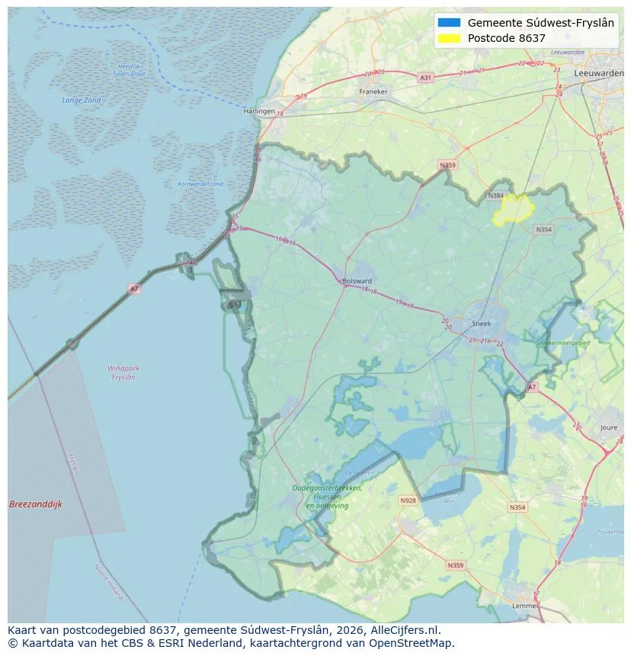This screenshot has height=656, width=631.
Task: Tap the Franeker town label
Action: point(373,91)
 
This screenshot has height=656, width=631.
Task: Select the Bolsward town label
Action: point(357,280)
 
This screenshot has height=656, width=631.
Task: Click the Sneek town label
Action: point(482,323)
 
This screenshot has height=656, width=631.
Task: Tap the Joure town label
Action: point(608,428)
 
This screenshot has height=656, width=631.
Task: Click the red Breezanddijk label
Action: point(36,504)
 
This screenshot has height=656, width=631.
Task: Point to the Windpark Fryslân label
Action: point(123,373)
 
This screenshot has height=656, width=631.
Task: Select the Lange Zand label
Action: point(82,101)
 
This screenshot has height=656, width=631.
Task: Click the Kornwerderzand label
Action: point(200,184)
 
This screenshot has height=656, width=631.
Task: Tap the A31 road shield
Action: point(425,78)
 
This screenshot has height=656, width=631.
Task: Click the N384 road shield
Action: point(496,196)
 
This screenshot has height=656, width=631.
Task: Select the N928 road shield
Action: point(408,501)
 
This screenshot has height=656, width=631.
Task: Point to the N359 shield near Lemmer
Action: point(455,565)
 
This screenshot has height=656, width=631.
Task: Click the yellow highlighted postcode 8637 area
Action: point(514,210)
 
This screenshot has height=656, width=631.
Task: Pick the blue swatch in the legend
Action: point(450,23)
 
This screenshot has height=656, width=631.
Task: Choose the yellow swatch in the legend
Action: point(450,38)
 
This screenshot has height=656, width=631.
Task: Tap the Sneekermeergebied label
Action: point(563,344)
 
